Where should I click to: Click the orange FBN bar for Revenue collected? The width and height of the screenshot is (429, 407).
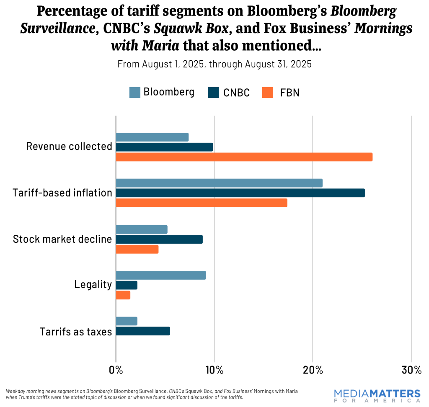click(x=244, y=157)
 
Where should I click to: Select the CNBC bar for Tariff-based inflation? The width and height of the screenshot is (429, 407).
click(x=240, y=193)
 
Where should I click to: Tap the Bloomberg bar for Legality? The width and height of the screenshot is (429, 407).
click(x=160, y=275)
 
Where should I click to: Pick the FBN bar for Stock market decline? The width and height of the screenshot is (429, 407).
click(x=137, y=249)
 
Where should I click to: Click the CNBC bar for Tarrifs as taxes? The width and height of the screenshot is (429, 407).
click(x=143, y=331)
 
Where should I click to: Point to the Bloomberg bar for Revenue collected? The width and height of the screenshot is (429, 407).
click(x=152, y=137)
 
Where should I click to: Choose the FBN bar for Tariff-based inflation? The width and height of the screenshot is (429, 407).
click(x=202, y=203)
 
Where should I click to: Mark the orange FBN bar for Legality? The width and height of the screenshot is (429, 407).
click(x=123, y=295)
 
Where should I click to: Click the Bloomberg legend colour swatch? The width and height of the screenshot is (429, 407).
click(x=134, y=92)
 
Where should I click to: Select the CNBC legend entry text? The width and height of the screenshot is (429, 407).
click(x=236, y=93)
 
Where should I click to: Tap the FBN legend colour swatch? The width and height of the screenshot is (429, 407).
click(x=268, y=92)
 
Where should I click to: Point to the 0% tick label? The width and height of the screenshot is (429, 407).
click(x=116, y=370)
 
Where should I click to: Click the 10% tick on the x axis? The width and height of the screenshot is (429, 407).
click(x=214, y=370)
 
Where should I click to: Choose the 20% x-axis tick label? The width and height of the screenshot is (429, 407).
click(x=313, y=370)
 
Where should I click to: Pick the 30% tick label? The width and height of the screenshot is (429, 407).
click(x=411, y=370)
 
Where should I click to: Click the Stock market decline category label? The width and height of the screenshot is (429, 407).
click(x=62, y=239)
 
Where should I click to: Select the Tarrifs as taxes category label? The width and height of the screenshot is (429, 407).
click(x=76, y=332)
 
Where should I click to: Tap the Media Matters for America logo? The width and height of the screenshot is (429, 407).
click(x=377, y=395)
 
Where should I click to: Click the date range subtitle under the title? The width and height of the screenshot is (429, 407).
click(x=214, y=64)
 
